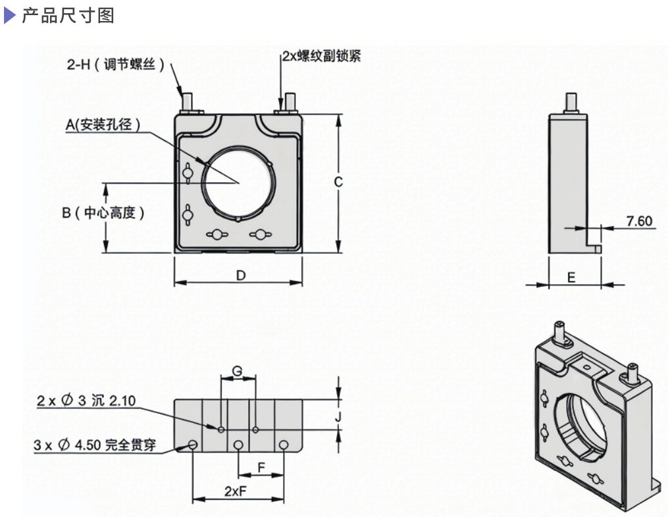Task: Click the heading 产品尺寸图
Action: tap(68, 16)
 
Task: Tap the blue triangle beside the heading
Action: tap(9, 16)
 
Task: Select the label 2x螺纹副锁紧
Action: tap(321, 57)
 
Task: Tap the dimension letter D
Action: tap(241, 275)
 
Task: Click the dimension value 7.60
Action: tap(639, 221)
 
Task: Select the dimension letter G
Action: tap(238, 372)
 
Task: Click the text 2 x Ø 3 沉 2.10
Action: tap(86, 401)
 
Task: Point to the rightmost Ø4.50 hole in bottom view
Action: tap(283, 445)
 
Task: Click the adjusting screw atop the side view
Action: tap(567, 103)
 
